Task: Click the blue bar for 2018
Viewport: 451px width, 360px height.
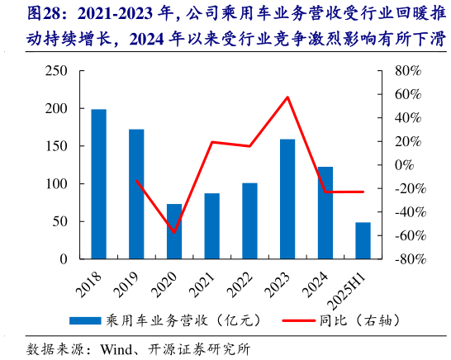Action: pyautogui.click(x=98, y=184)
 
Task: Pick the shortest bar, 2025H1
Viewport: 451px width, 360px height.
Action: pyautogui.click(x=363, y=240)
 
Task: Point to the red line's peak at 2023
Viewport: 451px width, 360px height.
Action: pyautogui.click(x=287, y=97)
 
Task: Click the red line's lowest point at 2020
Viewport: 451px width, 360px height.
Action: pyautogui.click(x=174, y=232)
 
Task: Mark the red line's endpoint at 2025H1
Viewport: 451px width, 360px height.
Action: pyautogui.click(x=363, y=192)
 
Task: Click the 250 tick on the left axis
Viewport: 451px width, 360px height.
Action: pyautogui.click(x=55, y=71)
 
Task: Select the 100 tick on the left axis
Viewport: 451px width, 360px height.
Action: pyautogui.click(x=55, y=184)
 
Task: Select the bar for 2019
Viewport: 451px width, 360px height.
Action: pyautogui.click(x=136, y=194)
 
